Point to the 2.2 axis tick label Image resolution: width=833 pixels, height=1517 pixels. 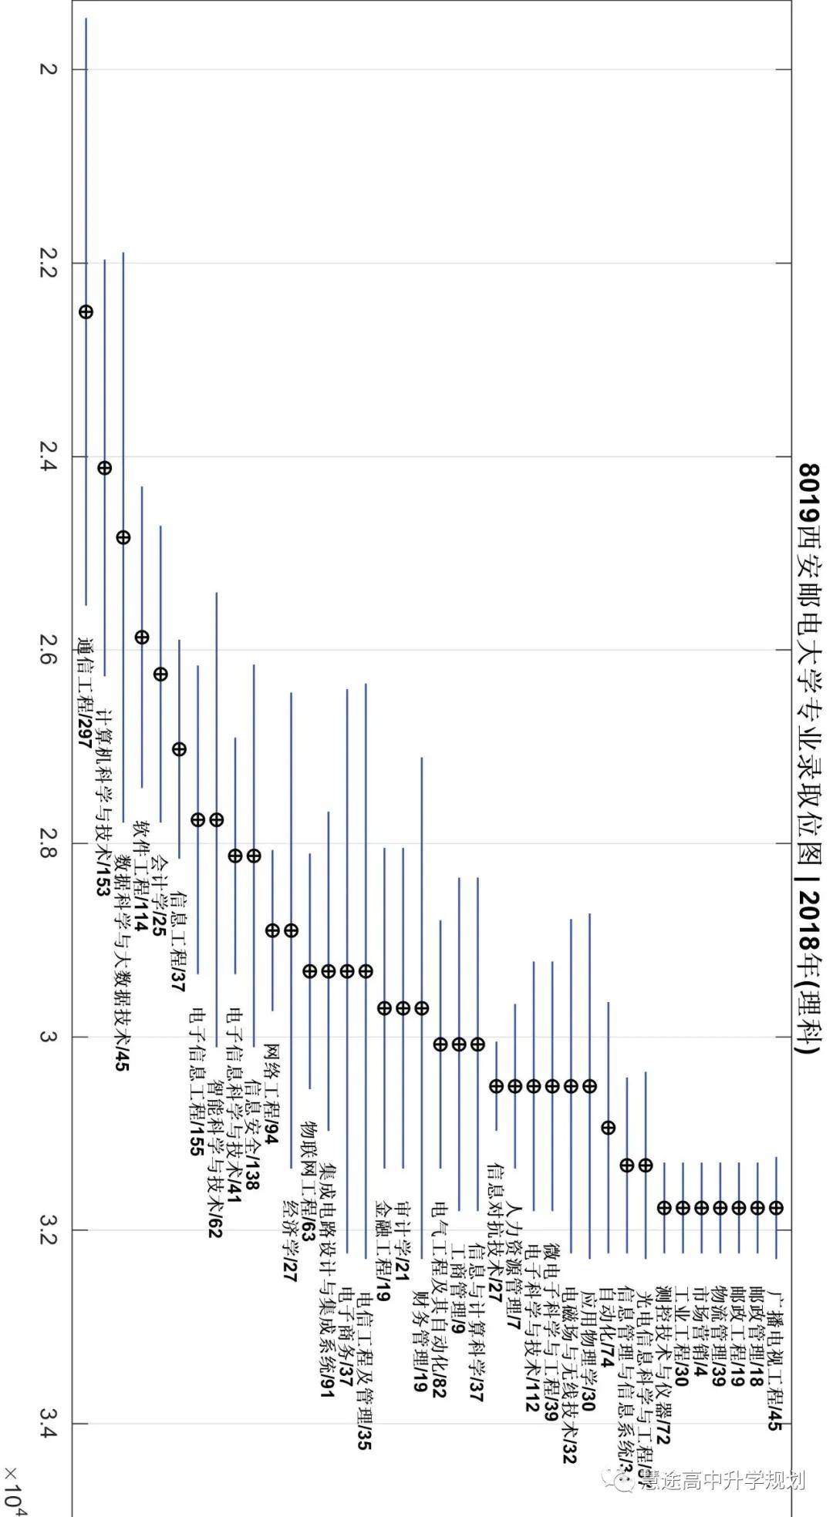coord(48,263)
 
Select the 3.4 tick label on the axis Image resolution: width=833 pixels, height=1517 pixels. coord(48,1422)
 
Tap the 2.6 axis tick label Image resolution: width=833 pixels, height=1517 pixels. coord(48,649)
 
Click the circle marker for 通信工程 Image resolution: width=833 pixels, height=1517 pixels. coord(86,311)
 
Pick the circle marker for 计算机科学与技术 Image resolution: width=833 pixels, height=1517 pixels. coord(105,468)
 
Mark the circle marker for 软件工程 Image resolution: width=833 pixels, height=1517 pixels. coord(142,637)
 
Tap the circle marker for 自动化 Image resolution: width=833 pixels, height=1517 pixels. coord(608,1127)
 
